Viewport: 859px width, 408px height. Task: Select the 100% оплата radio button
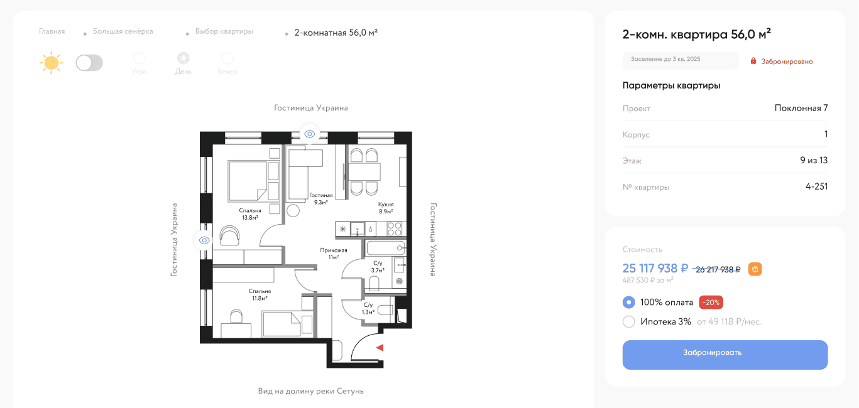click(x=628, y=303)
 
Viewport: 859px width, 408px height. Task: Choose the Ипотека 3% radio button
click(x=628, y=321)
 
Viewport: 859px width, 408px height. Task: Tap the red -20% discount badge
click(x=711, y=303)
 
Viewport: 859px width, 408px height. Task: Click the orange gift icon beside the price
click(x=755, y=269)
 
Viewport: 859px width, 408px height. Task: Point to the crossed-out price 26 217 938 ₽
click(x=718, y=270)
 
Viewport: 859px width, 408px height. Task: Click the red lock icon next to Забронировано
click(x=753, y=61)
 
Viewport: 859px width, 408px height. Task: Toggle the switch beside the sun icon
click(x=89, y=63)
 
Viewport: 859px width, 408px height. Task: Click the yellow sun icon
click(x=51, y=62)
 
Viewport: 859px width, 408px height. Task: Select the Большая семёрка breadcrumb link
click(x=123, y=31)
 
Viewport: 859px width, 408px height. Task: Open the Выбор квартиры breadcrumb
click(x=224, y=31)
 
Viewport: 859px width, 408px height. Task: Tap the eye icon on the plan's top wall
click(x=309, y=134)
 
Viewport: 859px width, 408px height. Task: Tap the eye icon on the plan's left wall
click(x=204, y=240)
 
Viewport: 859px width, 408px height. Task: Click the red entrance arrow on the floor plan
click(x=380, y=348)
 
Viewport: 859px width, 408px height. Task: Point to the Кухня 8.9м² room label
click(x=386, y=208)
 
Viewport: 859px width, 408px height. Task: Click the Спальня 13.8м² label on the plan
click(x=250, y=214)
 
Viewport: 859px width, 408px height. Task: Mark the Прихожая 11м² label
click(x=334, y=254)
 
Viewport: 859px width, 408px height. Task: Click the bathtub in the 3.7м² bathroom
click(x=386, y=248)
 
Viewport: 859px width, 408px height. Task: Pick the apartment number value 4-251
click(x=816, y=186)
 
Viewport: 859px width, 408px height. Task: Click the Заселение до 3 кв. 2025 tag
click(x=681, y=60)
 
